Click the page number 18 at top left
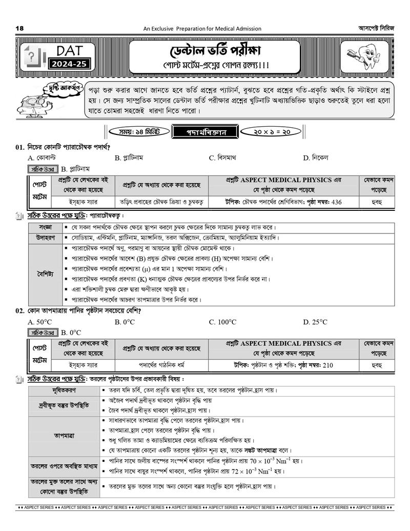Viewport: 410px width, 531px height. coord(20,28)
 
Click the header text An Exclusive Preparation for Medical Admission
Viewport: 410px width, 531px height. coord(202,29)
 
